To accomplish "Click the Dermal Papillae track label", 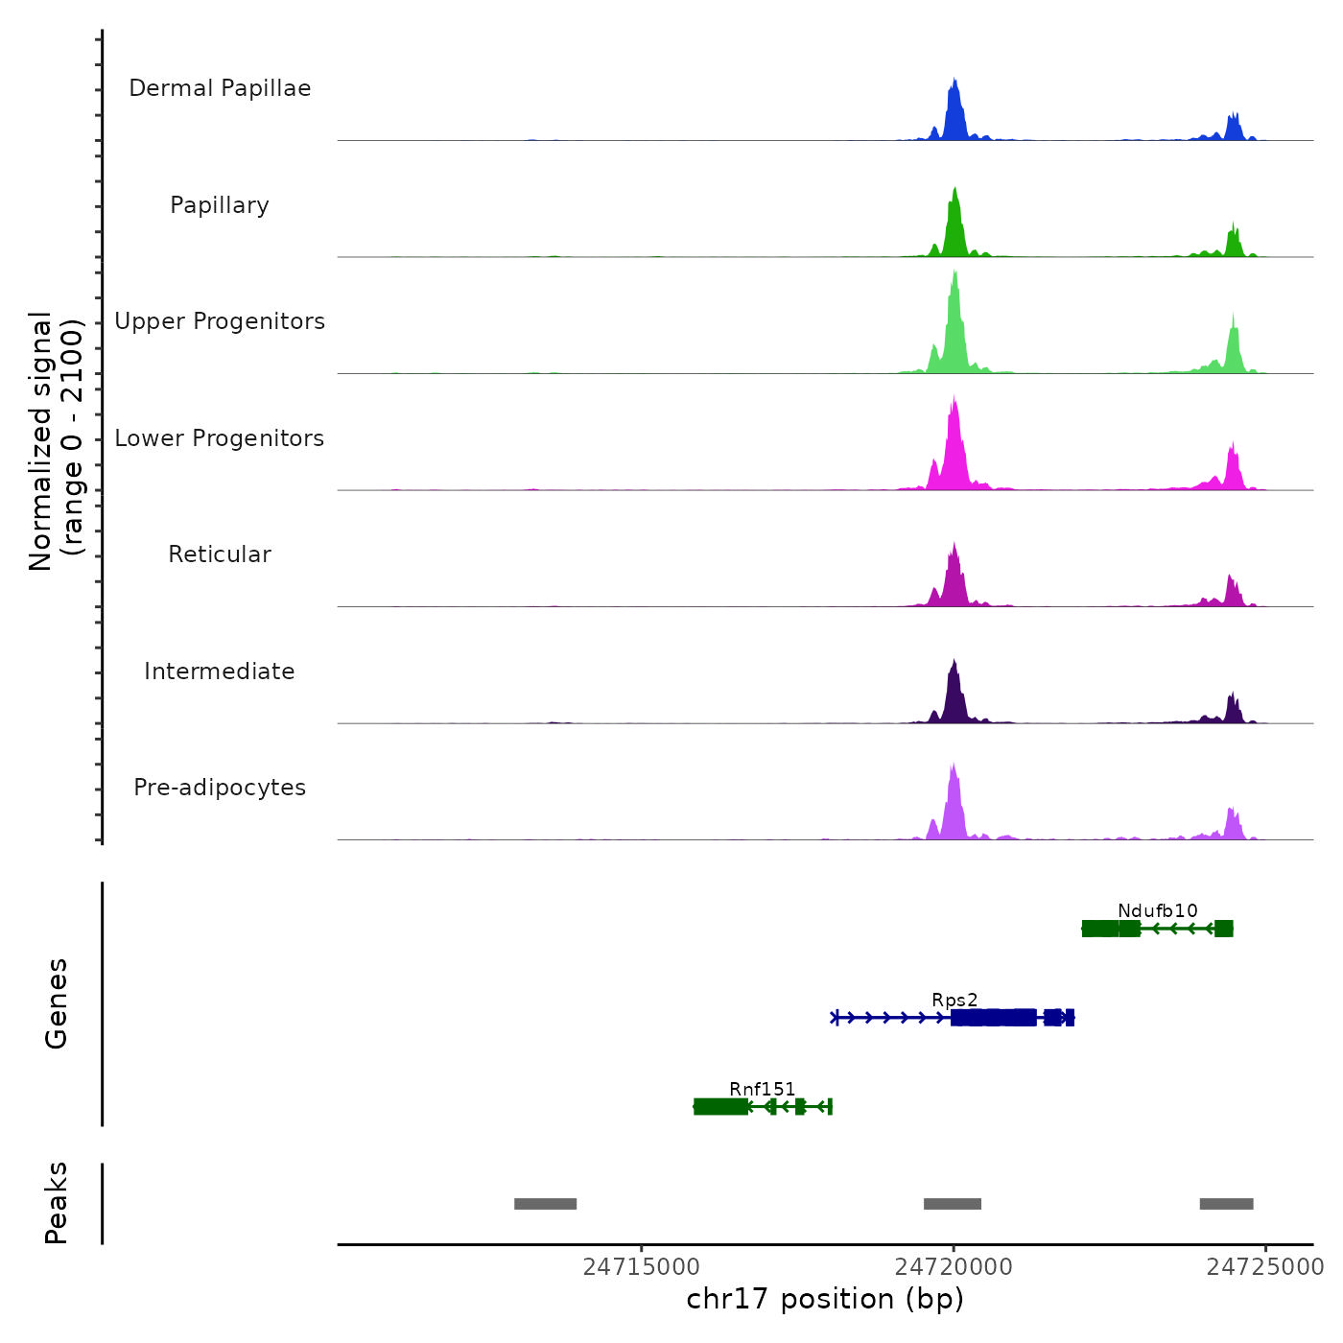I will click(220, 88).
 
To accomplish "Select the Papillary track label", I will click(220, 205).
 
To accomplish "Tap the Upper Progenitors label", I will click(220, 321).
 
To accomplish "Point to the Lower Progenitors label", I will click(220, 438).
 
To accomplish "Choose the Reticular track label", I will click(220, 554).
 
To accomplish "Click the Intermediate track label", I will click(220, 671).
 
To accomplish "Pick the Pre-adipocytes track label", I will click(220, 788).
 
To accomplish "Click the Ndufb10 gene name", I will click(1157, 910).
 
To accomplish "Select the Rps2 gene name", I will click(954, 1000).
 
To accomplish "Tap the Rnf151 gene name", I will click(763, 1089).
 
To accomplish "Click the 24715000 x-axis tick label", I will click(642, 1266).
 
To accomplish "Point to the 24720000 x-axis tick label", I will click(954, 1266).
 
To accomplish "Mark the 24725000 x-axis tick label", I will click(1264, 1266).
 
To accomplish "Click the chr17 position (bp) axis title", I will click(825, 1299).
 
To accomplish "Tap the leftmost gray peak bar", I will click(545, 1204).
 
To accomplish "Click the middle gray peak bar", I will click(953, 1204).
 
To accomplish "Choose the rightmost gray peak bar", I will click(1226, 1204).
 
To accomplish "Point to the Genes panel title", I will click(56, 1003).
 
